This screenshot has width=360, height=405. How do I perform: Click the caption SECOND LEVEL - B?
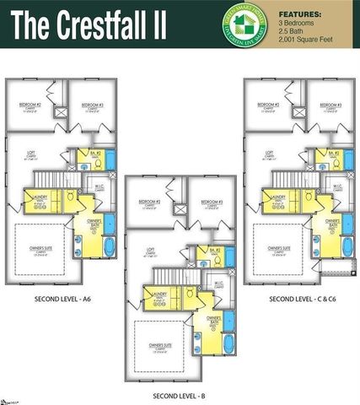point(179,394)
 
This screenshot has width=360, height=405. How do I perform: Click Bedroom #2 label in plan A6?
point(32,105)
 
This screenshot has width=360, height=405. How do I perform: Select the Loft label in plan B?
point(150,251)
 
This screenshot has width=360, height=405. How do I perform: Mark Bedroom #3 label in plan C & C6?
point(330,105)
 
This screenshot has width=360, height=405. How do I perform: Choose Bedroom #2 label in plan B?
point(150,202)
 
